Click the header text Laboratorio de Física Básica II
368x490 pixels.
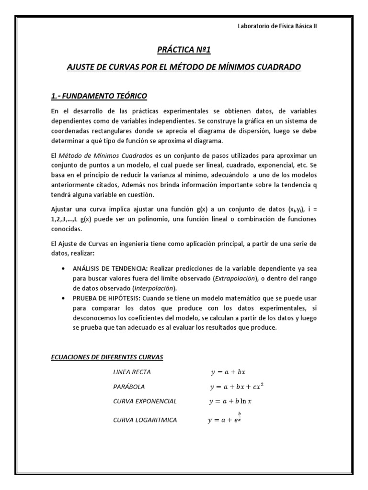pos(277,26)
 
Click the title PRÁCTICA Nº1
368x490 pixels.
pos(184,49)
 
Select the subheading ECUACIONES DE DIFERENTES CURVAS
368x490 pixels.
pos(107,357)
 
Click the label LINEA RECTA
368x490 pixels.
pos(132,372)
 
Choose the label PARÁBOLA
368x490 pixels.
pos(129,387)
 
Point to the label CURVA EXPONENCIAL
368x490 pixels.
pos(145,401)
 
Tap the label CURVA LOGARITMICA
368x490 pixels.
pos(145,420)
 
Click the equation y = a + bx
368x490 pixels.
pos(228,372)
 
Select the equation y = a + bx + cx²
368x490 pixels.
pos(237,386)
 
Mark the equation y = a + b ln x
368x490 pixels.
pos(230,401)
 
